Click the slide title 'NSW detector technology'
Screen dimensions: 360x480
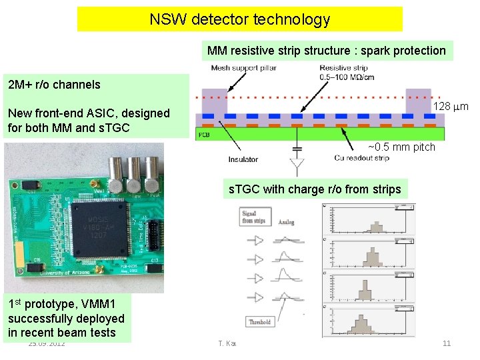(240, 19)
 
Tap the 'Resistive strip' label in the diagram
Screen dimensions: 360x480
(343, 68)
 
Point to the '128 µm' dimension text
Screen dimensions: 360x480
(451, 107)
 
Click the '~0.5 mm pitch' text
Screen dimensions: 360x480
(401, 147)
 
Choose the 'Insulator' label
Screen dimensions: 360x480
(243, 159)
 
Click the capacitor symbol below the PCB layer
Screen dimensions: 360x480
(297, 148)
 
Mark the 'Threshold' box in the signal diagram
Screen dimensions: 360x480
(260, 322)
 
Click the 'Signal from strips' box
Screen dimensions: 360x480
(255, 217)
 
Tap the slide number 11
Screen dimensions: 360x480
(447, 343)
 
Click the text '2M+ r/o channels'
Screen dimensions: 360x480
(54, 85)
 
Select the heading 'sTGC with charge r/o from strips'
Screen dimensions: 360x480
(315, 189)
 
